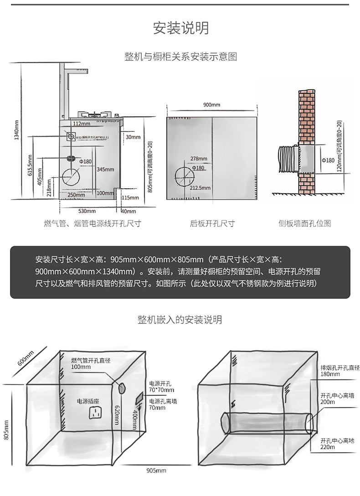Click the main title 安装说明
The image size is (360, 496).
180,28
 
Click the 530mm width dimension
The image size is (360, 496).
87,211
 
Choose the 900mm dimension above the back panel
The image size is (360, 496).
212,105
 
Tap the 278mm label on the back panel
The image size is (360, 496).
198,159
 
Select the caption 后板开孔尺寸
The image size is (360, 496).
212,223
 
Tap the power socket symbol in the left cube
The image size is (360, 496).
95,413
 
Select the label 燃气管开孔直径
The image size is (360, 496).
91,361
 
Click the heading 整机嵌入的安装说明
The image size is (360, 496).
180,320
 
